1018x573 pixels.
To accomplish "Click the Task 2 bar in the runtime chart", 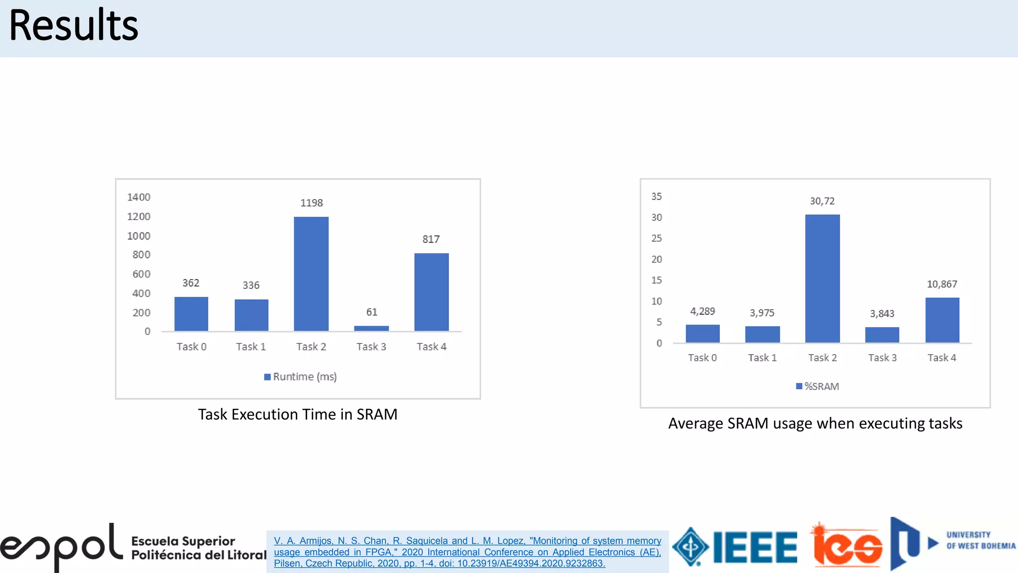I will (311, 274).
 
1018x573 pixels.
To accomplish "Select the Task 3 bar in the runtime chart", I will (371, 328).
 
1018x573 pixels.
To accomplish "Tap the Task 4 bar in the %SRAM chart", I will (942, 320).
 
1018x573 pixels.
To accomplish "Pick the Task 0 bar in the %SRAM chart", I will (702, 333).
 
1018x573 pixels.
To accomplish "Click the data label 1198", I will (312, 203).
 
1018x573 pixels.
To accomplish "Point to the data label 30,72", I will (822, 201).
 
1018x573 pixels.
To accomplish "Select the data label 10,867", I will (941, 284).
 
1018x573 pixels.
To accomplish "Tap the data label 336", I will (251, 285).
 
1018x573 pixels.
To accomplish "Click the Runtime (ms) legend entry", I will (300, 377).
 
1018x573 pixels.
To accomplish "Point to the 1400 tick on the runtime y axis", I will (139, 197).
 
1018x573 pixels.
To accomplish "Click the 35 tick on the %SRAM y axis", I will (656, 196).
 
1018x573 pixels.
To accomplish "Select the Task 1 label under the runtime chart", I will (251, 347).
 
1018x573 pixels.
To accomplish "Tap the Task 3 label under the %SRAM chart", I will (882, 358).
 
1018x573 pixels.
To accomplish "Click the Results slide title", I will (74, 26).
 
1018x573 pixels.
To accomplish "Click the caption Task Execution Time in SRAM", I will (298, 414).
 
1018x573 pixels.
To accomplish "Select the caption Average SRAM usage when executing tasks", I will (815, 423).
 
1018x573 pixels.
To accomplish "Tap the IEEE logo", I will (736, 547).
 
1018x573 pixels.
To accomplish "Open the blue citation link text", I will (467, 552).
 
